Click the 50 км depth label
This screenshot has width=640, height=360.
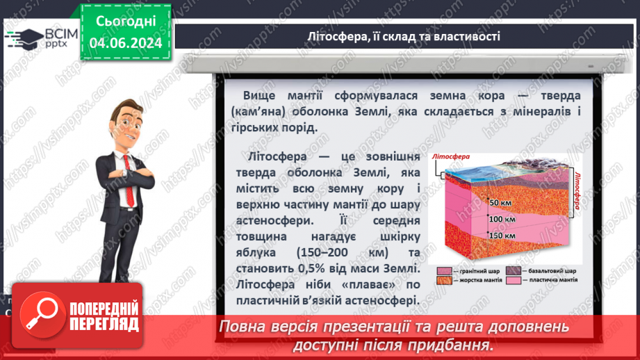(x=500, y=202)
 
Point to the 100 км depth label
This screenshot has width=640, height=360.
(x=501, y=219)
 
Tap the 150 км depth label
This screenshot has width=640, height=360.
(x=501, y=235)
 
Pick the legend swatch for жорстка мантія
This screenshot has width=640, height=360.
(x=444, y=281)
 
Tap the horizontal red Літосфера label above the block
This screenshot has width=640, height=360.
(x=452, y=157)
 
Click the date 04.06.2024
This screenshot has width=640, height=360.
(x=126, y=43)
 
